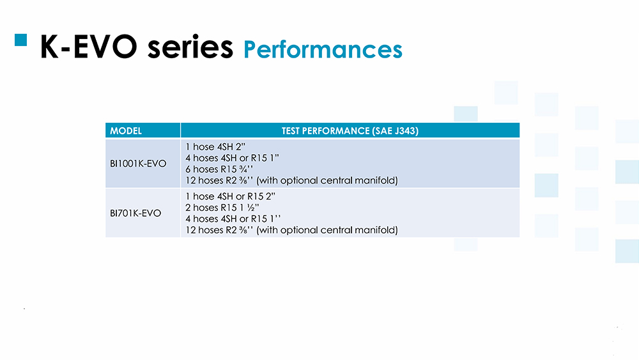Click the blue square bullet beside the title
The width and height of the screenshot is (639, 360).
click(21, 40)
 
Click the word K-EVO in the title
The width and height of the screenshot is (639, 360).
click(88, 47)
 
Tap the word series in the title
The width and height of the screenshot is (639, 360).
click(190, 47)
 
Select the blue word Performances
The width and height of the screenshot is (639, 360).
click(323, 50)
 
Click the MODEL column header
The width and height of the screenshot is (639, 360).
click(126, 131)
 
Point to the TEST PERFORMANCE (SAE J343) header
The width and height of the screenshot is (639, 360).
click(350, 131)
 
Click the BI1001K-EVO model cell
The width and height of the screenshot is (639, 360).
click(138, 164)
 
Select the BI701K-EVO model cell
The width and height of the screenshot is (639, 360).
click(135, 213)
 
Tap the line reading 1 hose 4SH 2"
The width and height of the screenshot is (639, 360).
click(215, 147)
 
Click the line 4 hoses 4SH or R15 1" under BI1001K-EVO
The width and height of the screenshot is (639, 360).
click(233, 158)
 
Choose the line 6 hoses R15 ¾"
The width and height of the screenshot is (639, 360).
click(219, 169)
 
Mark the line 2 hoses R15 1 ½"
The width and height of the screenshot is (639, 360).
click(222, 208)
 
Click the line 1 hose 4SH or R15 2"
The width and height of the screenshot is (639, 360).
click(230, 196)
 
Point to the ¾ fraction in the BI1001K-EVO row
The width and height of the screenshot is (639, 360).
click(243, 169)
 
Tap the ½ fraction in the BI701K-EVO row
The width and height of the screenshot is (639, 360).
click(251, 208)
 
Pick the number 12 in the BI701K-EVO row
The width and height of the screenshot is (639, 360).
click(190, 230)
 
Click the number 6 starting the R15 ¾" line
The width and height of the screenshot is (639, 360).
click(188, 169)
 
